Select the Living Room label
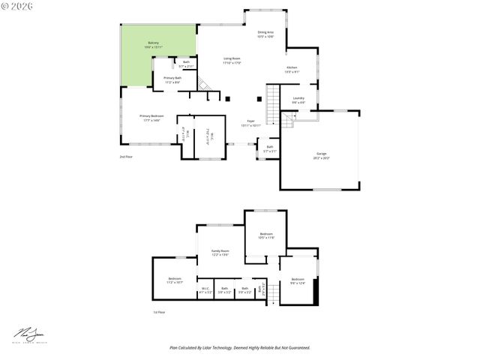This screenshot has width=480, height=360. [232, 60]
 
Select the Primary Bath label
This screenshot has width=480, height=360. [172, 79]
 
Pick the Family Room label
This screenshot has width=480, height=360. [220, 252]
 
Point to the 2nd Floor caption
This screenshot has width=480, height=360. [125, 157]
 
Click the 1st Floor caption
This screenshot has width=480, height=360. [159, 312]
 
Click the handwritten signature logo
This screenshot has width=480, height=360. [27, 334]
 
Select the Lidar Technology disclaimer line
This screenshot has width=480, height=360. [239, 348]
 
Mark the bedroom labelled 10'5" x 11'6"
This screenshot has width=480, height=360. [266, 235]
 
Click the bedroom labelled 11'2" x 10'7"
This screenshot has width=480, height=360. [175, 281]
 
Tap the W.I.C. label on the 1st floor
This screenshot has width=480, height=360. [205, 289]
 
